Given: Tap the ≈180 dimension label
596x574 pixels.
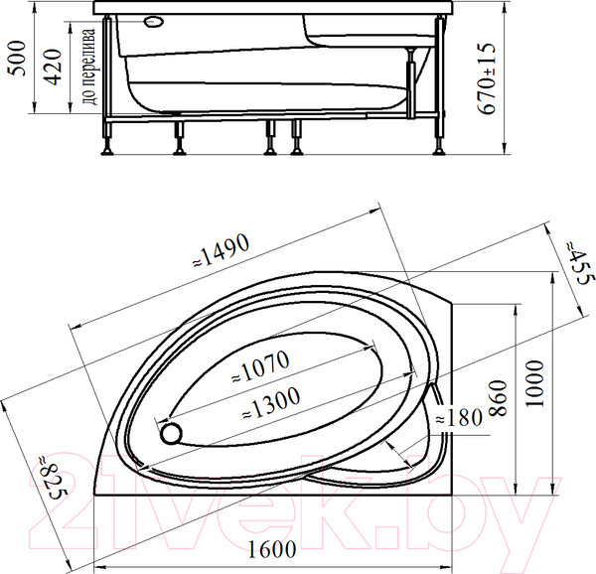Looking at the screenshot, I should pos(463,418).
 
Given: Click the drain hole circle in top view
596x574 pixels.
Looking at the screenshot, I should pos(171,432).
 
